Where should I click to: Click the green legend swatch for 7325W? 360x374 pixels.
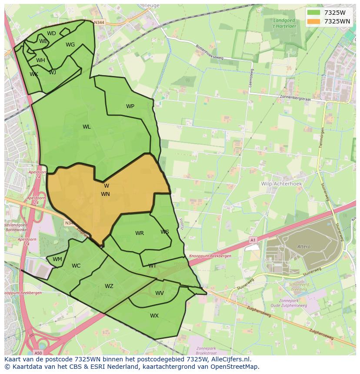[313, 13]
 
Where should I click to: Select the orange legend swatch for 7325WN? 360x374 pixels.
[313, 21]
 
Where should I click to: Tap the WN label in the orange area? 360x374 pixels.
[105, 194]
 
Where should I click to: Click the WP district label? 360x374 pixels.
[130, 106]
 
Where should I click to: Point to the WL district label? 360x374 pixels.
[87, 127]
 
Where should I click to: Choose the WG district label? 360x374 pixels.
[70, 45]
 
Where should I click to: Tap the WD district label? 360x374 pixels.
[51, 33]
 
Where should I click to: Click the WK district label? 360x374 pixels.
[34, 74]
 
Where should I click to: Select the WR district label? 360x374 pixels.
[139, 233]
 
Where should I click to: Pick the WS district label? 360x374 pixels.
[164, 232]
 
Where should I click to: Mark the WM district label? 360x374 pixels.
[57, 259]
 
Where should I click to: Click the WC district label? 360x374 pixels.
[76, 266]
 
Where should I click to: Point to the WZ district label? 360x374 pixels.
[109, 286]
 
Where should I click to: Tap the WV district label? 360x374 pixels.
[160, 293]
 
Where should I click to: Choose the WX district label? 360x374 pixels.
[154, 316]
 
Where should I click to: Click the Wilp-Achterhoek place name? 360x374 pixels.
[281, 184]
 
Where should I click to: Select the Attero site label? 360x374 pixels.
[304, 247]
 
